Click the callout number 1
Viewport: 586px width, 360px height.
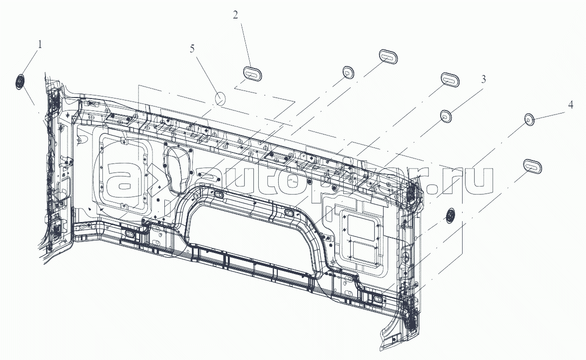click(x=40, y=44)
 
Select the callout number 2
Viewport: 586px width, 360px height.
click(x=235, y=15)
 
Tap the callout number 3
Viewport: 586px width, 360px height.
click(x=483, y=79)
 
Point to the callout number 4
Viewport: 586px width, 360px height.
click(x=570, y=105)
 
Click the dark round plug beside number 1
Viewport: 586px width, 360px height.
click(x=20, y=81)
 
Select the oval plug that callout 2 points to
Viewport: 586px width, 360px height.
click(x=253, y=73)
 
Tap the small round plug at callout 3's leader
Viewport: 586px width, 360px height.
click(x=446, y=116)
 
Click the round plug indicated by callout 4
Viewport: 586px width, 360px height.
click(x=529, y=119)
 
